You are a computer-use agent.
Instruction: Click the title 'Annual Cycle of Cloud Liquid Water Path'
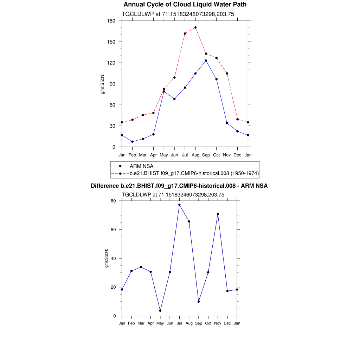pos(185,5)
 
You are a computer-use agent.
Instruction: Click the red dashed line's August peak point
pos(195,27)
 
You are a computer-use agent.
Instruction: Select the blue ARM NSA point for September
pos(206,60)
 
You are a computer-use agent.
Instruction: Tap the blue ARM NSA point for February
pos(132,142)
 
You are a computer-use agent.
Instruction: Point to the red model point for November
pos(227,73)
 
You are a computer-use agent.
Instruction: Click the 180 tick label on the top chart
pos(112,21)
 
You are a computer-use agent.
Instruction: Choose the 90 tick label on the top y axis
pos(113,84)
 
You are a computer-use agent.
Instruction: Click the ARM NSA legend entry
pos(141,166)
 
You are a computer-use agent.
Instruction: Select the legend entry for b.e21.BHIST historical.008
pos(194,173)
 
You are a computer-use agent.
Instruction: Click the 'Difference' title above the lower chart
pos(179,186)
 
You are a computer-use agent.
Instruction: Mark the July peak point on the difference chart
pos(179,205)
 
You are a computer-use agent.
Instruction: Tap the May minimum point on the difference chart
pos(160,310)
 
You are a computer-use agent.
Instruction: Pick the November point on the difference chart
pos(218,214)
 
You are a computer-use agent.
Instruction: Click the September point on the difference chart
pos(199,302)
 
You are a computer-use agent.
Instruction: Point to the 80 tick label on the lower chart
pos(114,201)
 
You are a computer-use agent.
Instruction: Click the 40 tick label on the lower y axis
pos(114,258)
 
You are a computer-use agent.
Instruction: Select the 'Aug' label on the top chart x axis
pos(195,155)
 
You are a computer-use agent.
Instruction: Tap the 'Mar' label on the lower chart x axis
pos(141,323)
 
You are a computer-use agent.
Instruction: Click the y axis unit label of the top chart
pos(103,84)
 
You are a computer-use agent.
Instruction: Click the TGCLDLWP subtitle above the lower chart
pos(173,194)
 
